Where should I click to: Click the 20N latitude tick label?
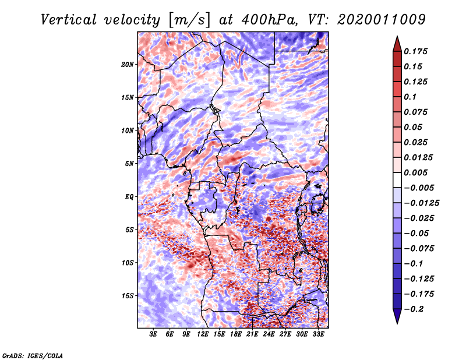click(128, 64)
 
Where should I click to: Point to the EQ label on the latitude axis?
click(129, 196)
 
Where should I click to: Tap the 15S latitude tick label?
click(128, 296)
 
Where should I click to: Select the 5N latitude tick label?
click(129, 164)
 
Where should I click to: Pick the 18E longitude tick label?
click(236, 334)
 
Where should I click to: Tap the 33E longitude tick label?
click(318, 334)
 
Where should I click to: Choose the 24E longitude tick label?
click(269, 334)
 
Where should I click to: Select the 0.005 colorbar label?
click(417, 172)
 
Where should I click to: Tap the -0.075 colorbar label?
click(419, 249)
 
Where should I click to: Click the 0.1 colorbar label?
click(411, 97)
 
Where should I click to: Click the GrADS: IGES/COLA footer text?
click(32, 355)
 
